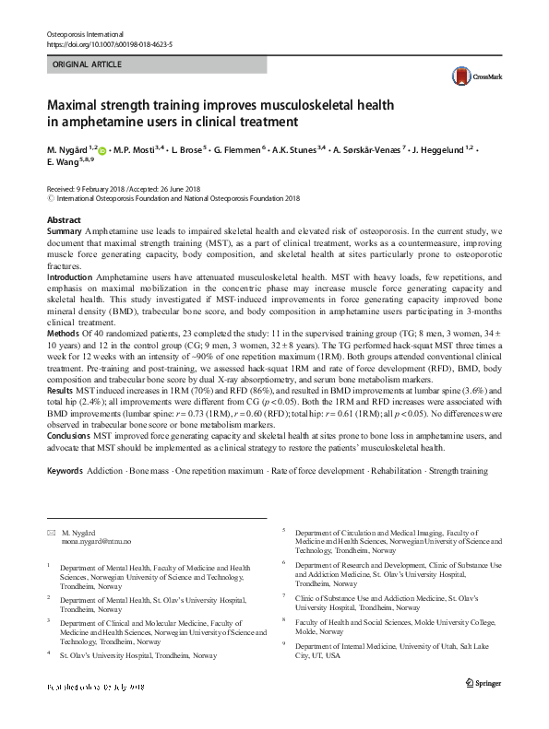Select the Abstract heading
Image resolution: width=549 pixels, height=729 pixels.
click(65, 220)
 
